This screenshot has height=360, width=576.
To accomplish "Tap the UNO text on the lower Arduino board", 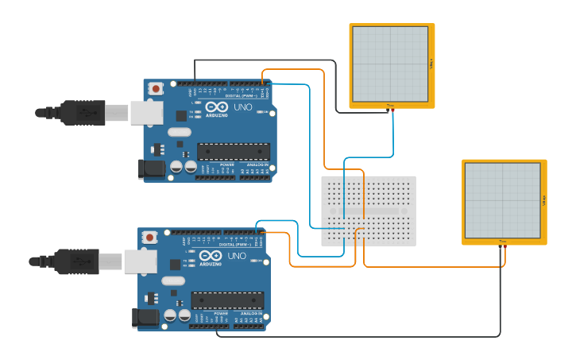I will [237, 256].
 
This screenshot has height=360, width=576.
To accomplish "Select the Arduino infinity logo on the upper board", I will [216, 107].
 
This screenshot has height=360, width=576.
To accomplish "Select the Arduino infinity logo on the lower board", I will [211, 257].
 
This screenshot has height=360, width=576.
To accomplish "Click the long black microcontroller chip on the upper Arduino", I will [234, 151].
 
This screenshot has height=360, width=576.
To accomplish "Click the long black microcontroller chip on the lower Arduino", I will [227, 300].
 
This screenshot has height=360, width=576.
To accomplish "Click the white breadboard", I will [368, 211].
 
